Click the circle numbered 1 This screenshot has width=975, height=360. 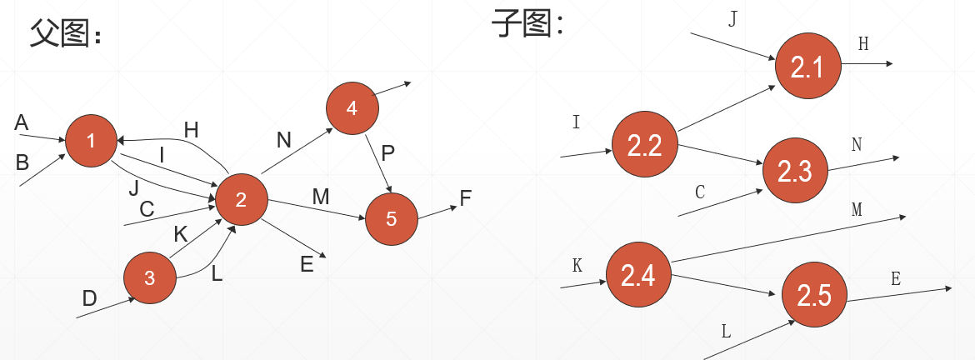click(91, 141)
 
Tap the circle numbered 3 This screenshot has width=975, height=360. click(150, 278)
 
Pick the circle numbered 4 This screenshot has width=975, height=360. click(352, 107)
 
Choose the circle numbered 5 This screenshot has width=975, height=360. click(392, 219)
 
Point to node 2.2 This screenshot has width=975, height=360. click(644, 146)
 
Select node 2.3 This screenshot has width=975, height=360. click(795, 171)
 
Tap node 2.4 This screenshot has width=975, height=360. click(638, 274)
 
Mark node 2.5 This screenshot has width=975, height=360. click(814, 295)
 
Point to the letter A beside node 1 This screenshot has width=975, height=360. click(22, 122)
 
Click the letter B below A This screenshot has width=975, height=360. click(22, 162)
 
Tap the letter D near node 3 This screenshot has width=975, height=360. click(89, 297)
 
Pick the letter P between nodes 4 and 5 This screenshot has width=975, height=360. click(387, 153)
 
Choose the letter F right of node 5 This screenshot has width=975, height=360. click(465, 197)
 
